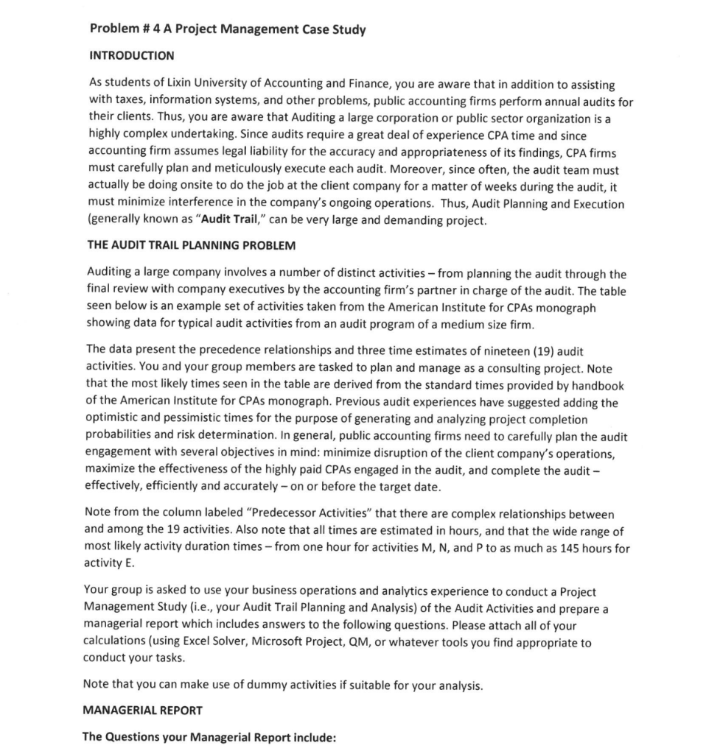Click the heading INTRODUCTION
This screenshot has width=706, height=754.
pos(131,55)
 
